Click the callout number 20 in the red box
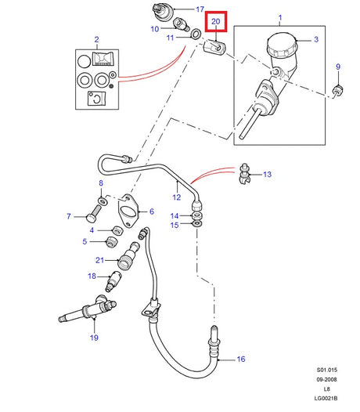(216, 23)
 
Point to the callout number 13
(267, 175)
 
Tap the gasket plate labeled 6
(128, 209)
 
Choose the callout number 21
(99, 260)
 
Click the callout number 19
(95, 338)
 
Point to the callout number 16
(241, 359)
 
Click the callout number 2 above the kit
(96, 38)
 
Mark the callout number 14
(175, 215)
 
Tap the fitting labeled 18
(117, 279)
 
